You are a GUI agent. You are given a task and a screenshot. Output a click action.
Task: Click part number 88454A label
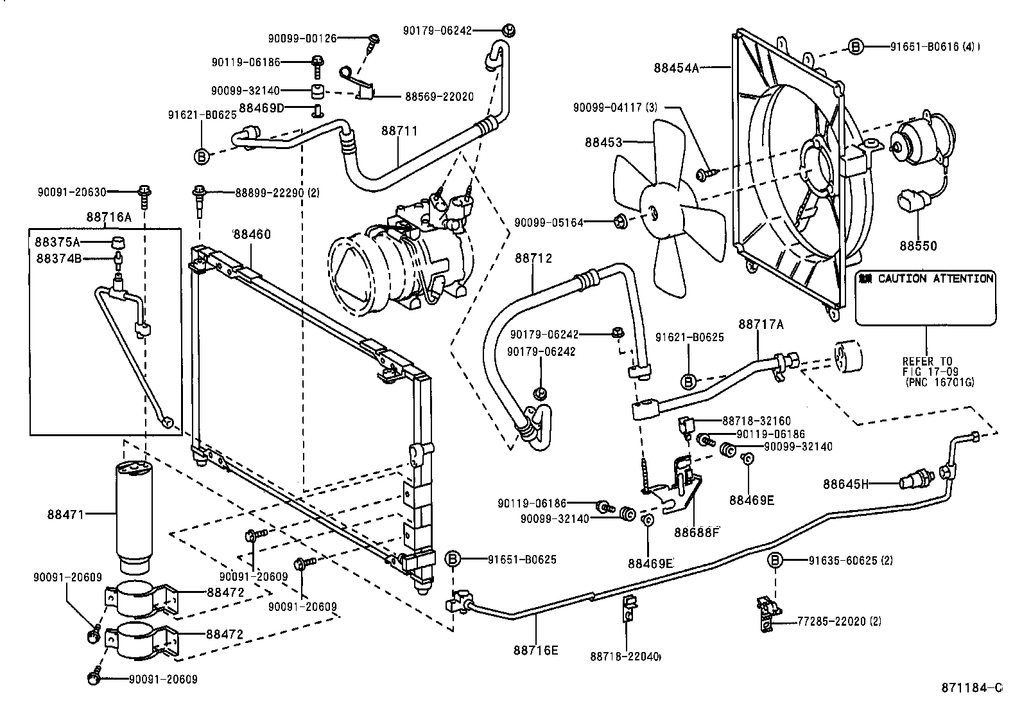[677, 67]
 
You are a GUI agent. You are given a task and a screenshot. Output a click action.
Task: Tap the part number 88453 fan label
[603, 142]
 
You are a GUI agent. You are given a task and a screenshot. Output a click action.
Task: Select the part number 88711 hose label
[399, 131]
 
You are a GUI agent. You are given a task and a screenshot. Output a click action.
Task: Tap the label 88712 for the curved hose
[533, 258]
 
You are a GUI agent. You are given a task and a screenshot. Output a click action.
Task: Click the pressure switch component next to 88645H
[916, 479]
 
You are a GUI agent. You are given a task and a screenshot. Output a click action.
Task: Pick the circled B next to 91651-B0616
[855, 46]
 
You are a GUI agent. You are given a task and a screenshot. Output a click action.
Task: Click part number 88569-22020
[439, 97]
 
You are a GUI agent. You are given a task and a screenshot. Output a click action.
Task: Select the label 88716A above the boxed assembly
[108, 218]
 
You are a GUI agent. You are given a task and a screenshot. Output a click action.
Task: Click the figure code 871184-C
[971, 688]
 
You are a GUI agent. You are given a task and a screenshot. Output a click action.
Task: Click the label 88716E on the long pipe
[535, 649]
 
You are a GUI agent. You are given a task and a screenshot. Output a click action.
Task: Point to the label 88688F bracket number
[697, 532]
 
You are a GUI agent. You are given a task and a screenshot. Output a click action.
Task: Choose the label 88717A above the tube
[761, 324]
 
